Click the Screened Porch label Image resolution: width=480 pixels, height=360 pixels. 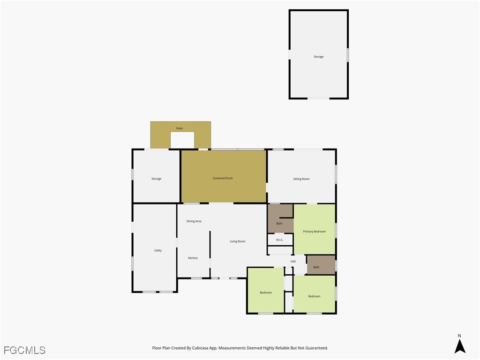(223, 178)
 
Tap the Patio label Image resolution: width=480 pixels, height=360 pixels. (180, 128)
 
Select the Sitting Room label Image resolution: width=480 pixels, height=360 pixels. (301, 179)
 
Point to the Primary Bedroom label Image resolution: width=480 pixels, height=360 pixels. (314, 232)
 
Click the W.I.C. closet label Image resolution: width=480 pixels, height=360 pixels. (279, 240)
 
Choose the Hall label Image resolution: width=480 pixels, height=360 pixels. (293, 262)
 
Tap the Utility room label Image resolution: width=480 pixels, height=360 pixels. (158, 250)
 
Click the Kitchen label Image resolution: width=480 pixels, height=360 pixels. (193, 258)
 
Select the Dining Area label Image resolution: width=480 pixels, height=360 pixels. (194, 221)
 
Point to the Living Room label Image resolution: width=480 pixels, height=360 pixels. (238, 241)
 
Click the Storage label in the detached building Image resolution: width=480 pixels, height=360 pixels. (319, 57)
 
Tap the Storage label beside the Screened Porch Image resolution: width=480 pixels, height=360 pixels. (157, 179)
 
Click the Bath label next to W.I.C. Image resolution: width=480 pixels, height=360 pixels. (279, 224)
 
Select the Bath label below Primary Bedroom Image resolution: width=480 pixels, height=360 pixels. (316, 267)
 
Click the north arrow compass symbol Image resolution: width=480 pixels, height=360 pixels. (460, 346)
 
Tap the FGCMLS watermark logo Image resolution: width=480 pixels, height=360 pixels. (24, 350)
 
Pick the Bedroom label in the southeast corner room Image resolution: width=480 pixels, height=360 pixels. (314, 296)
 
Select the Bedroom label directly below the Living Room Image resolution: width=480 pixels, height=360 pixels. (266, 292)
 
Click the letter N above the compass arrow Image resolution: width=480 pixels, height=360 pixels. (459, 336)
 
